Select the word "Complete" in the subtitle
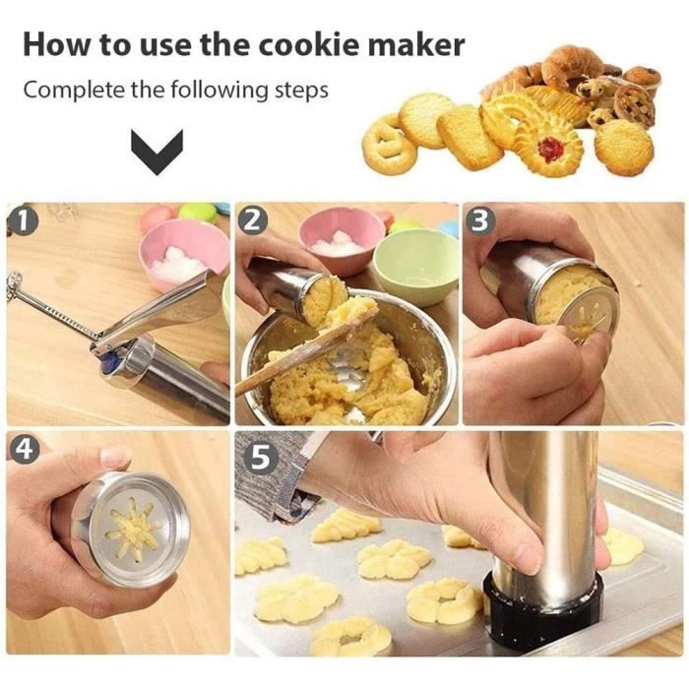coord(74,91)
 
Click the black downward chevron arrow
coord(157,152)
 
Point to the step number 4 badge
coord(24,449)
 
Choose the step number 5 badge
coord(260,458)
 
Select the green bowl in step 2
coord(415,266)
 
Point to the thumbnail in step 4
coord(113,457)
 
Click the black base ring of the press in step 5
coord(541,613)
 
